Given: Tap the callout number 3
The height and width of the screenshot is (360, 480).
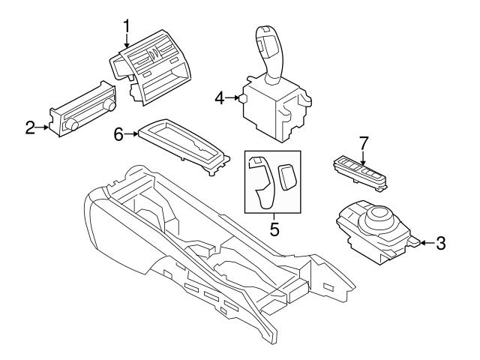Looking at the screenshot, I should (x=440, y=242).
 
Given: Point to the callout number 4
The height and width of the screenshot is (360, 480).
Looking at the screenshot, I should (x=220, y=97).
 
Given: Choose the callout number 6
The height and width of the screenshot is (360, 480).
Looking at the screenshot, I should (x=118, y=133).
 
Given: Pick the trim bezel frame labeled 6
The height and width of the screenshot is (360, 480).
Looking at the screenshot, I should (x=183, y=142).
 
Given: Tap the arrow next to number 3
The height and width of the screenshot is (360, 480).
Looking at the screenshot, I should (x=423, y=242).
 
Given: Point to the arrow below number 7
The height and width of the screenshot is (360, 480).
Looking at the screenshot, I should (x=364, y=159).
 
